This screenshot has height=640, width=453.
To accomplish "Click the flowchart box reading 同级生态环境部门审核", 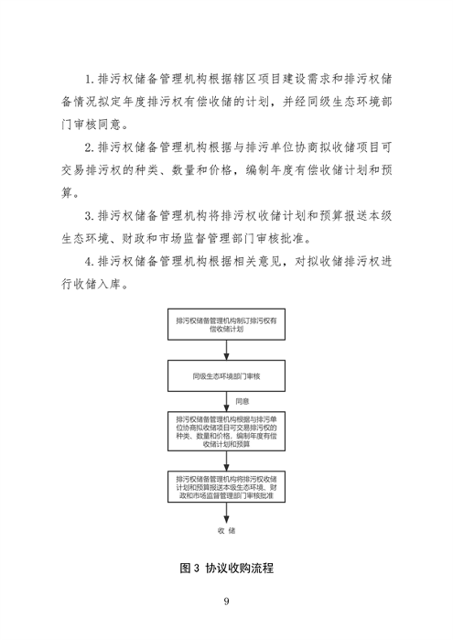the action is [x=226, y=375].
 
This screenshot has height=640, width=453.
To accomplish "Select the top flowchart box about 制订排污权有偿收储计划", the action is [x=226, y=325].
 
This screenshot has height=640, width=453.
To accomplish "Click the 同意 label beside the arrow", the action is [x=242, y=401].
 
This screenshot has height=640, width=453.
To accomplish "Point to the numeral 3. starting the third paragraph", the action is [x=89, y=218].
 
